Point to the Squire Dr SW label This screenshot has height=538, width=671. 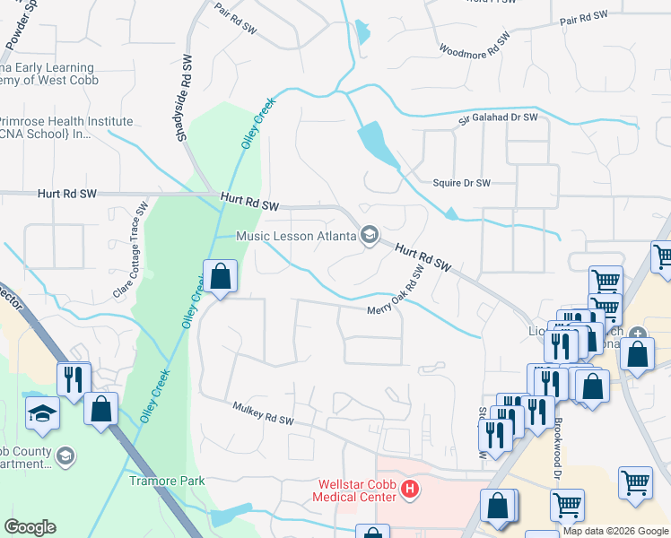(462, 183)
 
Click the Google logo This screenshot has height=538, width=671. (30, 527)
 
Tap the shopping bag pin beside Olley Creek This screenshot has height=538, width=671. (220, 277)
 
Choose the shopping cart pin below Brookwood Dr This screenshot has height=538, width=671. (567, 506)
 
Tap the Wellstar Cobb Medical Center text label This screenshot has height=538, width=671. (354, 490)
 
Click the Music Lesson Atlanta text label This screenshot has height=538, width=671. (296, 237)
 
